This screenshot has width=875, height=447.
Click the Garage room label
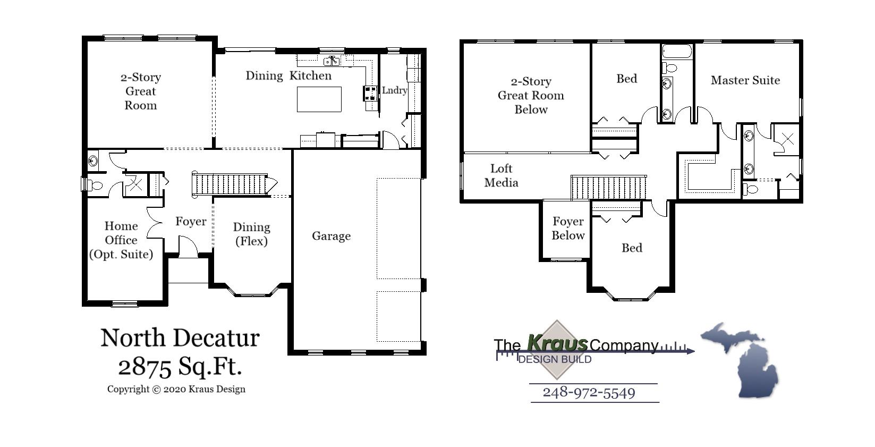click(331, 236)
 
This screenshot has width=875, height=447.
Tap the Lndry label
click(394, 90)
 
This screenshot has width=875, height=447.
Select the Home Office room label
click(121, 240)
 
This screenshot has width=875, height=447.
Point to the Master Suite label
click(745, 80)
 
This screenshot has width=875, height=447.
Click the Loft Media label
click(501, 175)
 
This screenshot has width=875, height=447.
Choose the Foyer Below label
click(567, 228)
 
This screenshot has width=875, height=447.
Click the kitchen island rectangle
click(319, 99)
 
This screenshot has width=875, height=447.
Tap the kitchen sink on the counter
click(332, 61)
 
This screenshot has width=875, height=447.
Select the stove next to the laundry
click(370, 94)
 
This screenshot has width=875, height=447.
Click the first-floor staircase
click(231, 184)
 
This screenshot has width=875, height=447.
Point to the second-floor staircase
click(608, 188)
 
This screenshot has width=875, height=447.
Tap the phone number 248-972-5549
click(589, 393)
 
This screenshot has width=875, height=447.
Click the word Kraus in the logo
click(557, 343)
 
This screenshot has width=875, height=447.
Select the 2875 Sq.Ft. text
click(180, 366)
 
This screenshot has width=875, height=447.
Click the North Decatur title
click(180, 338)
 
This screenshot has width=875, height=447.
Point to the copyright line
click(176, 389)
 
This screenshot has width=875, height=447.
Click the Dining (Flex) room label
click(251, 234)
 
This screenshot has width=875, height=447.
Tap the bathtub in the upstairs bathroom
click(677, 52)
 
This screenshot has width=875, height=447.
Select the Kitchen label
click(310, 75)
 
